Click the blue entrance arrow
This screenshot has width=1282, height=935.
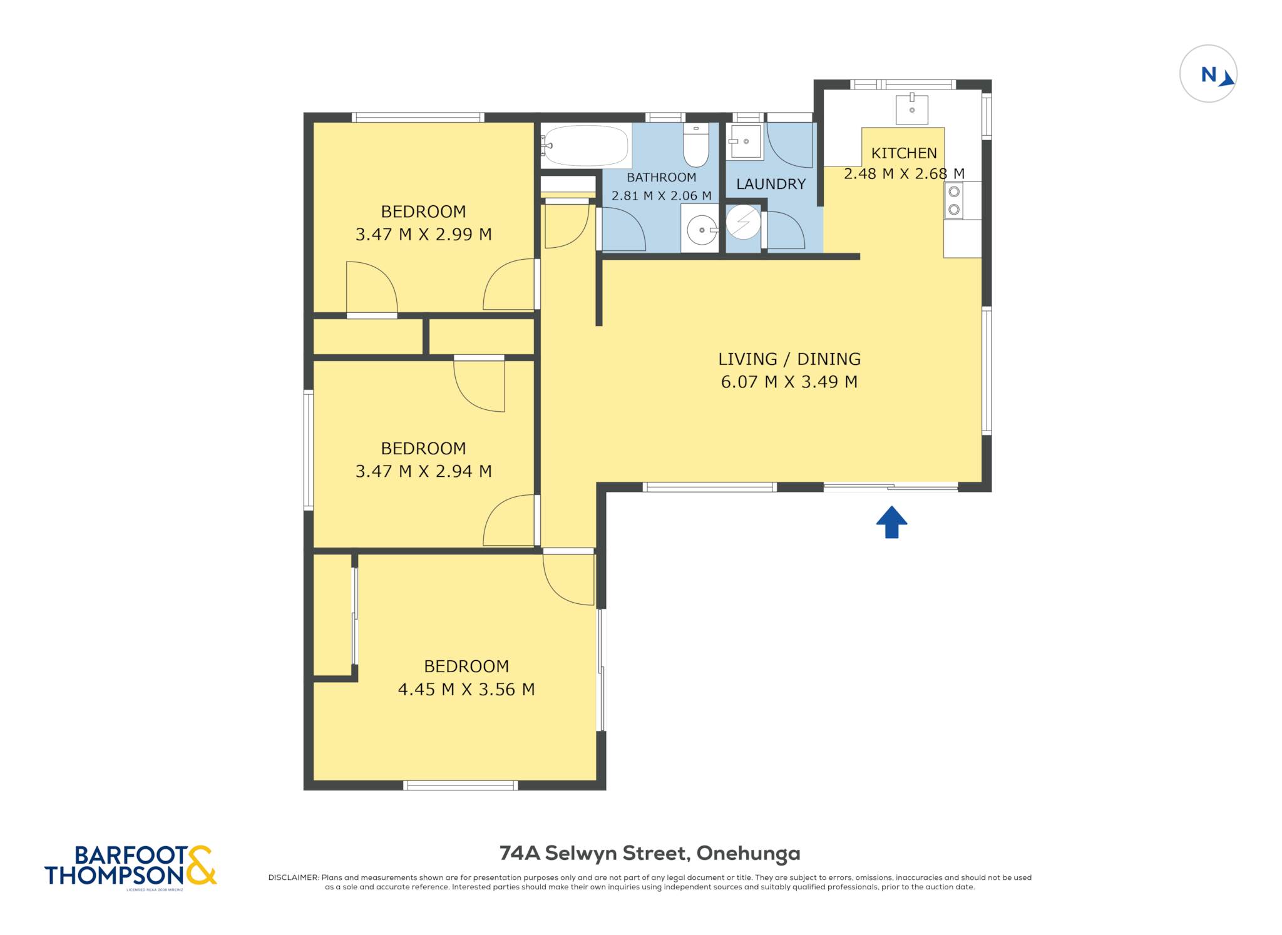[891, 522]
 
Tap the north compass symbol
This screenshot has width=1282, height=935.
[1208, 74]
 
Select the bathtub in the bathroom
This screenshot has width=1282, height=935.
[585, 145]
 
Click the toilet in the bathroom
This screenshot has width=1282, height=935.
[695, 145]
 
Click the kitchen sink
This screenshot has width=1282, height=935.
[911, 110]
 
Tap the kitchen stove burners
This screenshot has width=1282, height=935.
[954, 200]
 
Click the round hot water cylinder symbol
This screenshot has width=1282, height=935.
[743, 222]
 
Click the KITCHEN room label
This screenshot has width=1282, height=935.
[904, 153]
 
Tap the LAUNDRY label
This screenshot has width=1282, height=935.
[771, 184]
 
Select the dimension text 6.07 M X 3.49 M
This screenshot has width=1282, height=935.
[789, 382]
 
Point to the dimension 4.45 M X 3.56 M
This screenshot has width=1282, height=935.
[466, 689]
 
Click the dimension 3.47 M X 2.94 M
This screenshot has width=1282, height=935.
[423, 471]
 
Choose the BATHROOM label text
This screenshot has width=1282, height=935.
[661, 177]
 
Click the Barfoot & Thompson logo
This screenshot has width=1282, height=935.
[131, 866]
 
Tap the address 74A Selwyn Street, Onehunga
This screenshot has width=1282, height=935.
[650, 853]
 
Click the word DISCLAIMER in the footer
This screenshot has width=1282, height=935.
[293, 877]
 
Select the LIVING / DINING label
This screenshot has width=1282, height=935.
[789, 359]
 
